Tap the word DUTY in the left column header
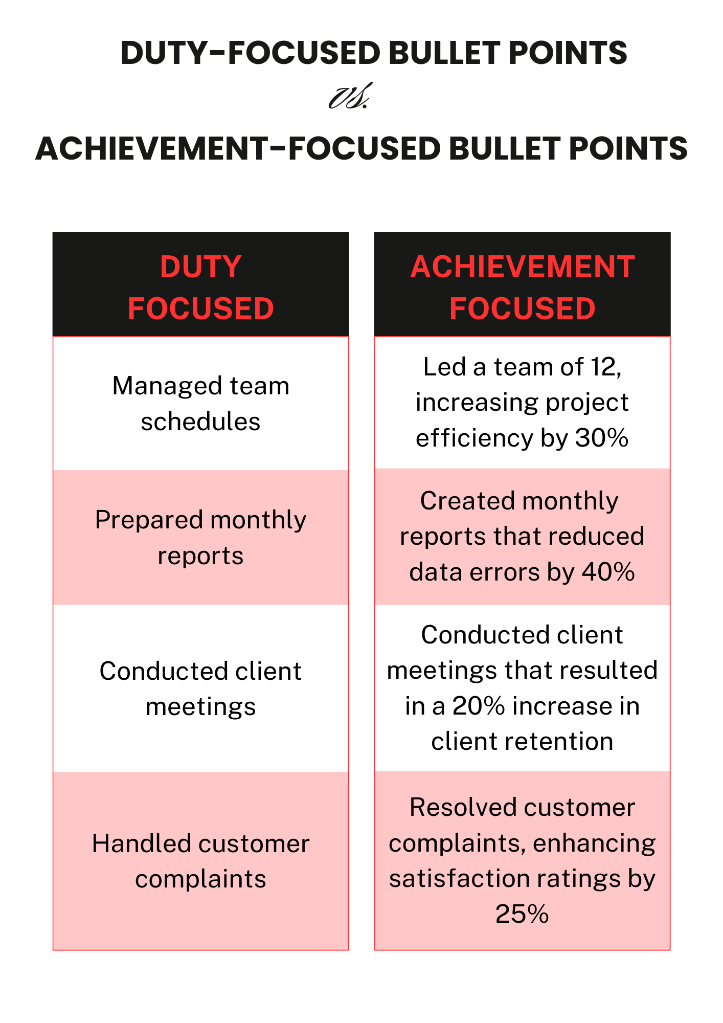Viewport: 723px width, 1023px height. coord(200,267)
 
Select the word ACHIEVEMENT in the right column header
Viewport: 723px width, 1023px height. coord(522,267)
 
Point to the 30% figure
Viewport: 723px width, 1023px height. coord(602,438)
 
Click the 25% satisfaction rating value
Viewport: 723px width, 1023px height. coord(522,914)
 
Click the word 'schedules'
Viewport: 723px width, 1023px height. coord(200,422)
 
